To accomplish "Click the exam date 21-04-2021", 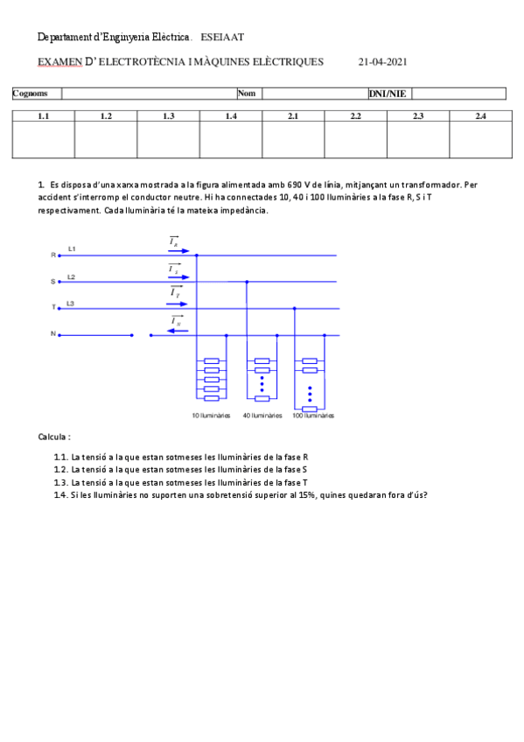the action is coord(382,62).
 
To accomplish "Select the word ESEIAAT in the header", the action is coord(222,38).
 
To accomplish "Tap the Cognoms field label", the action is coord(31,94).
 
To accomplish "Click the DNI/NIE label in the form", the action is coord(387,94).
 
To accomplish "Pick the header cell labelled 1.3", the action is coord(169,115).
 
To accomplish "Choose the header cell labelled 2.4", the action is coord(480,115).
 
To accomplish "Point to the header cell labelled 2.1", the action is coord(293,115).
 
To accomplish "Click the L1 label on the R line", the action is coord(72,250).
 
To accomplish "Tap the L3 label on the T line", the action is coord(72,303).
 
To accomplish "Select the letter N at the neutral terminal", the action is coord(53,334).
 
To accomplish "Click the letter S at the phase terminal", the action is coord(53,282).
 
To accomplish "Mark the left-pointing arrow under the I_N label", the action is coord(176,331).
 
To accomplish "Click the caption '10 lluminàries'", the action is coord(211,416).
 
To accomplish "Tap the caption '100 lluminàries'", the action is coord(313,416).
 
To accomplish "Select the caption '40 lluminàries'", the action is coord(262,416).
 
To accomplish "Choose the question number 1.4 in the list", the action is coord(60,495).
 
